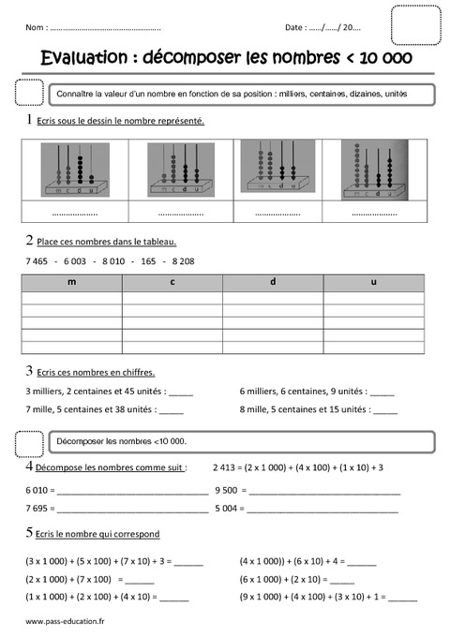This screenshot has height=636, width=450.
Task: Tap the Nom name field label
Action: (x=37, y=26)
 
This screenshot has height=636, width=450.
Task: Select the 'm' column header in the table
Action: (x=72, y=282)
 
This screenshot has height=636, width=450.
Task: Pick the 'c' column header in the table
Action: (x=172, y=282)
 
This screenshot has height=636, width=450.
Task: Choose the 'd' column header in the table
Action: (x=273, y=282)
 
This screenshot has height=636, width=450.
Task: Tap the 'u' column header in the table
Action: (x=374, y=282)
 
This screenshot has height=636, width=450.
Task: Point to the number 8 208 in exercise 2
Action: (x=181, y=260)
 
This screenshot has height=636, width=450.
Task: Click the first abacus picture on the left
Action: (x=72, y=170)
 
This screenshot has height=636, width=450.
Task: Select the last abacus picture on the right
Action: (x=373, y=170)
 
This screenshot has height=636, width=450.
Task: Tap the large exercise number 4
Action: (x=31, y=466)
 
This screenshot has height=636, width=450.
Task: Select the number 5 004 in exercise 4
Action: (x=227, y=509)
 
